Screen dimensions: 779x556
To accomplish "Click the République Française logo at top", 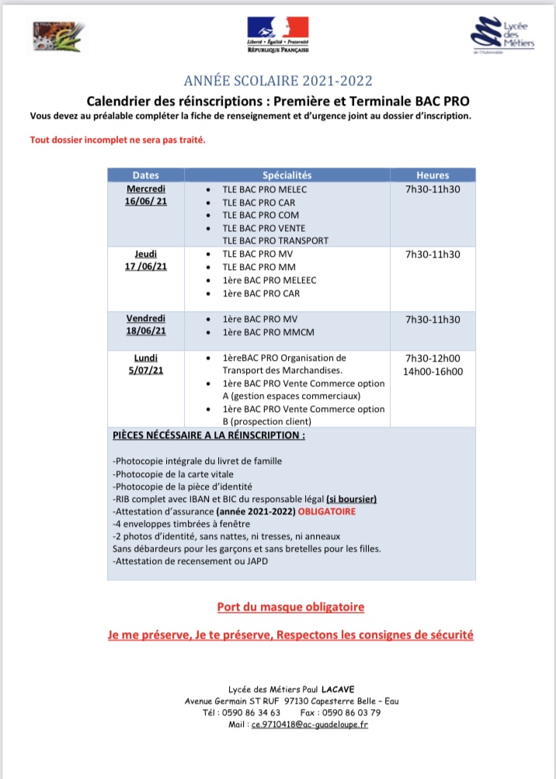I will coord(278,35).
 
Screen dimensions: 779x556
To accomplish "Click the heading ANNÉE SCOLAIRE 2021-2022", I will coord(278,81).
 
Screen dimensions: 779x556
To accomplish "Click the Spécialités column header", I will coord(287,175).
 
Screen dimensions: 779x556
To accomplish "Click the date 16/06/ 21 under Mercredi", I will coord(146,201).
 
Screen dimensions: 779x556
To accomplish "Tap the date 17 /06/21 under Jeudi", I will coord(146,266).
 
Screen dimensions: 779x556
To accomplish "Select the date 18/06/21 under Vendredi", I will coord(146,331).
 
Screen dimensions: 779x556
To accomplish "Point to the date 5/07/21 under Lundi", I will coord(146,371).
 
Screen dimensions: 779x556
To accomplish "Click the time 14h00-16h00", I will coord(433,371).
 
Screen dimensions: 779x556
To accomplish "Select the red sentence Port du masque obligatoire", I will coord(290,606).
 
